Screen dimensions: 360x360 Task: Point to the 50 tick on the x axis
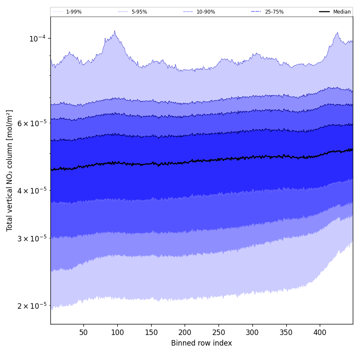click(x=83, y=332)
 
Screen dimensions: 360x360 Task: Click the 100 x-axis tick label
click(x=117, y=332)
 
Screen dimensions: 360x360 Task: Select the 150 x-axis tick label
click(x=151, y=332)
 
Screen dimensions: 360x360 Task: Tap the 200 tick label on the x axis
click(x=185, y=332)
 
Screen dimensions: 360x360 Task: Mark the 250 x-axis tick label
click(x=219, y=332)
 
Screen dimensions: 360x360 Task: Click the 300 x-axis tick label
click(x=252, y=332)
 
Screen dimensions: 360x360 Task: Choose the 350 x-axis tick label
click(x=286, y=332)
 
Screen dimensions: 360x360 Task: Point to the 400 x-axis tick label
click(x=320, y=332)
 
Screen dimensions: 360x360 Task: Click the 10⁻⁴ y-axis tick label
click(x=37, y=39)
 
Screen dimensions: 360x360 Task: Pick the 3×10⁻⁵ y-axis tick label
click(x=32, y=238)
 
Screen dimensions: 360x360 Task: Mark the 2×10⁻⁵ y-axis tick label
click(x=32, y=306)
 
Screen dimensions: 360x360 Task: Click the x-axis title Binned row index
click(x=202, y=343)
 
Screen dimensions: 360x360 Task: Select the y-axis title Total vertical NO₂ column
click(x=10, y=170)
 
